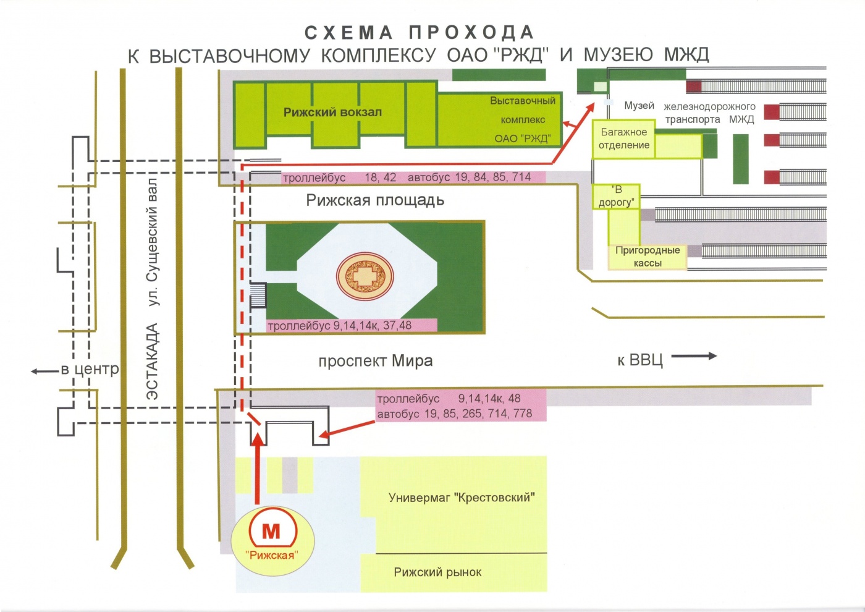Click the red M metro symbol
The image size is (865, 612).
[271, 531]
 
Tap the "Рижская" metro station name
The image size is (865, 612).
[271, 555]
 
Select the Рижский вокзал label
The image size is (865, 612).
[332, 113]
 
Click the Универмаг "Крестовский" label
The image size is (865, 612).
[462, 498]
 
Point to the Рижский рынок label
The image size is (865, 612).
[437, 572]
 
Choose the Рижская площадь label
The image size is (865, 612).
[375, 200]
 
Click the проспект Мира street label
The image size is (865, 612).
[375, 361]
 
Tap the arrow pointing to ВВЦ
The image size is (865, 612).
[694, 356]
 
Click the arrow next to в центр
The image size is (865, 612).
[44, 372]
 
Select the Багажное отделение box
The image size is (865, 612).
[624, 139]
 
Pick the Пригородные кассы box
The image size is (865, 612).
[648, 257]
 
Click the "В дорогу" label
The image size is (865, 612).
[616, 196]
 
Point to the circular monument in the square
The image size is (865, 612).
[365, 276]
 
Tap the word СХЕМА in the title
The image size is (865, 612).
[348, 33]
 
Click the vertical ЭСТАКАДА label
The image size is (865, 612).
[152, 362]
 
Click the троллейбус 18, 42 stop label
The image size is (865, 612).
[339, 178]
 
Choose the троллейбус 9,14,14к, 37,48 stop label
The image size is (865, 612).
[339, 326]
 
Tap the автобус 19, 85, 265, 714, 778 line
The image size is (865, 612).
[454, 414]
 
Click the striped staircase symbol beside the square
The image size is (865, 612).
[258, 295]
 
